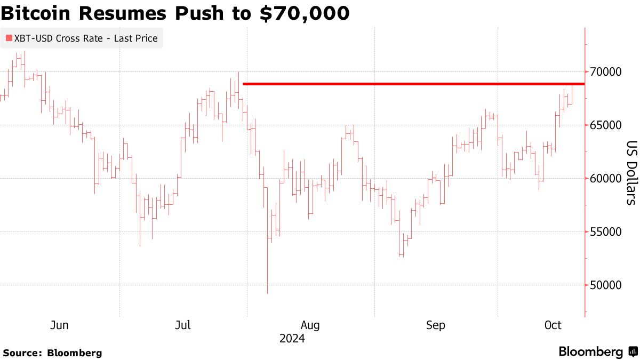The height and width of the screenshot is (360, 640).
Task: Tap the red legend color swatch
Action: (8, 38)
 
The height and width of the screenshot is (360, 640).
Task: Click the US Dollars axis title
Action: (631, 173)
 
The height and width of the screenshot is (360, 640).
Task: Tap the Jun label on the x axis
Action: (59, 325)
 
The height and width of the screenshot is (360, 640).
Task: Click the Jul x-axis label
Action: (183, 325)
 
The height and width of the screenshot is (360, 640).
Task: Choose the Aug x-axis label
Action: (310, 325)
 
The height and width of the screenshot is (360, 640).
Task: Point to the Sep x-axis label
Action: (436, 325)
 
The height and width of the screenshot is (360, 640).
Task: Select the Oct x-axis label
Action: (553, 325)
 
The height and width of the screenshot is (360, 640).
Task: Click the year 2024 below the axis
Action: (292, 339)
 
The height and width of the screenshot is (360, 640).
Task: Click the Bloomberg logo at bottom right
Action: (597, 352)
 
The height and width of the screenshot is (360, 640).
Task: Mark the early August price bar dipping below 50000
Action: (267, 277)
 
